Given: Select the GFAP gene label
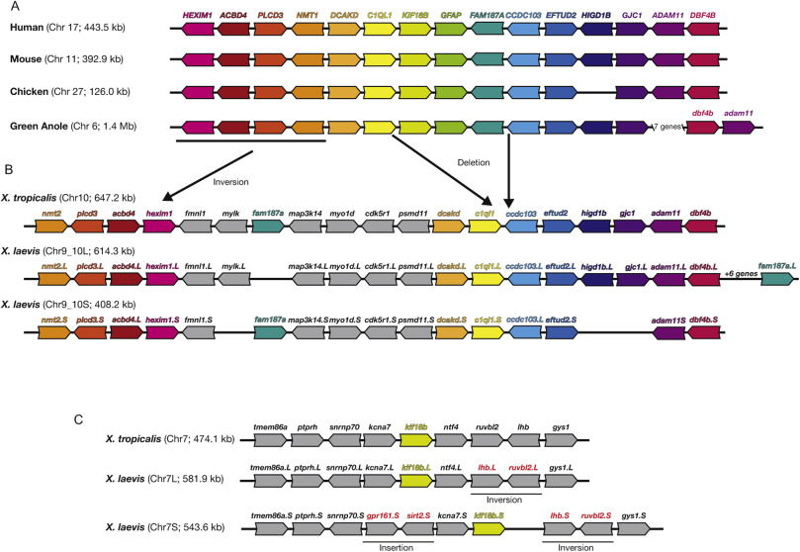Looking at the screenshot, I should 451,16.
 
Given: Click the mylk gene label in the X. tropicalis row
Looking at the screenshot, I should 233,213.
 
